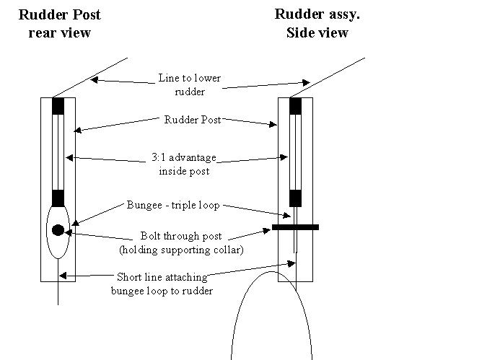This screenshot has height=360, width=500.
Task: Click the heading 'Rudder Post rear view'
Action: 59,23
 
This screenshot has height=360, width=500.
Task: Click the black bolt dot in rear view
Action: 58,231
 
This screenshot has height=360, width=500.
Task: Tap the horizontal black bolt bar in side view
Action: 295,227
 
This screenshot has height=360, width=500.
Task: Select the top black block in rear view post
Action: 58,106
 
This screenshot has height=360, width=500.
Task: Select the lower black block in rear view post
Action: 58,198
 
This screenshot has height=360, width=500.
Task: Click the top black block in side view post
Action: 295,106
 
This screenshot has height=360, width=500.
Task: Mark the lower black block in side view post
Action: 295,198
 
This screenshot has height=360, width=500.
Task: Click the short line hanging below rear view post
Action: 58,293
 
